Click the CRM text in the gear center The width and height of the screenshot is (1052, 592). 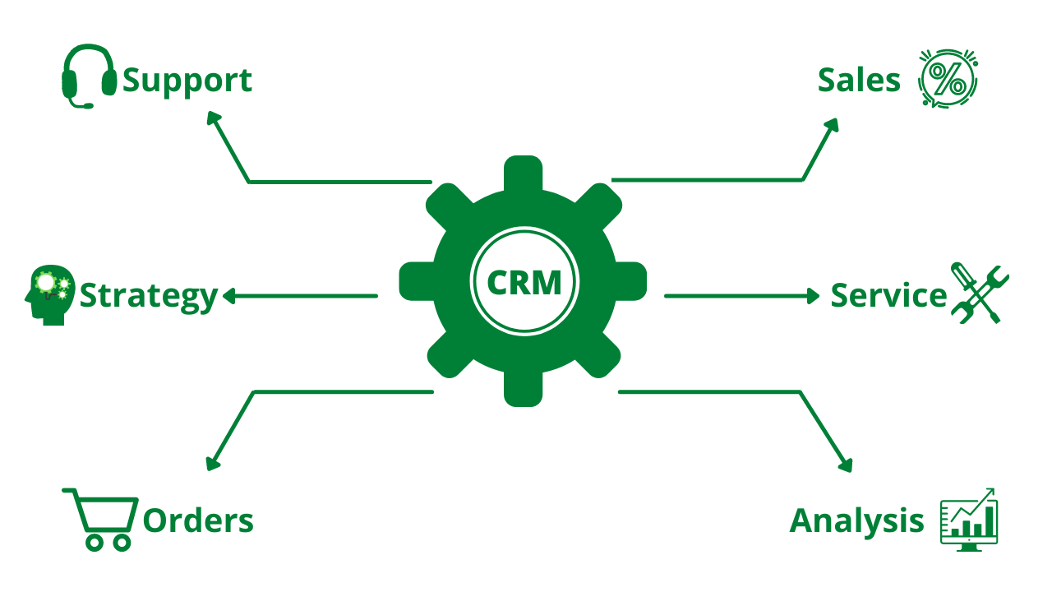point(524,282)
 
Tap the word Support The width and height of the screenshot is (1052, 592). point(187,81)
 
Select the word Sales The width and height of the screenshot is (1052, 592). point(860,81)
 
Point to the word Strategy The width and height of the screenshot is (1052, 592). point(149,296)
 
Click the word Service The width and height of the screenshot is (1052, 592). point(888,296)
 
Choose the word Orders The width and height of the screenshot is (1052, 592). point(198,520)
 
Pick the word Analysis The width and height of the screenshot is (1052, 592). point(856,520)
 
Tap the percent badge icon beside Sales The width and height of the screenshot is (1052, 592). point(948,79)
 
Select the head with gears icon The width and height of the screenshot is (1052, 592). point(49,294)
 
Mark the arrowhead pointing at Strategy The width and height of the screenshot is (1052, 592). point(230,296)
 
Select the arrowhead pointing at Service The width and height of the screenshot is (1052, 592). point(813,296)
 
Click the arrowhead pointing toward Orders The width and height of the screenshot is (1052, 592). point(213,464)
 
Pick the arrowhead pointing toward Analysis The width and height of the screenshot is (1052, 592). point(845,465)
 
